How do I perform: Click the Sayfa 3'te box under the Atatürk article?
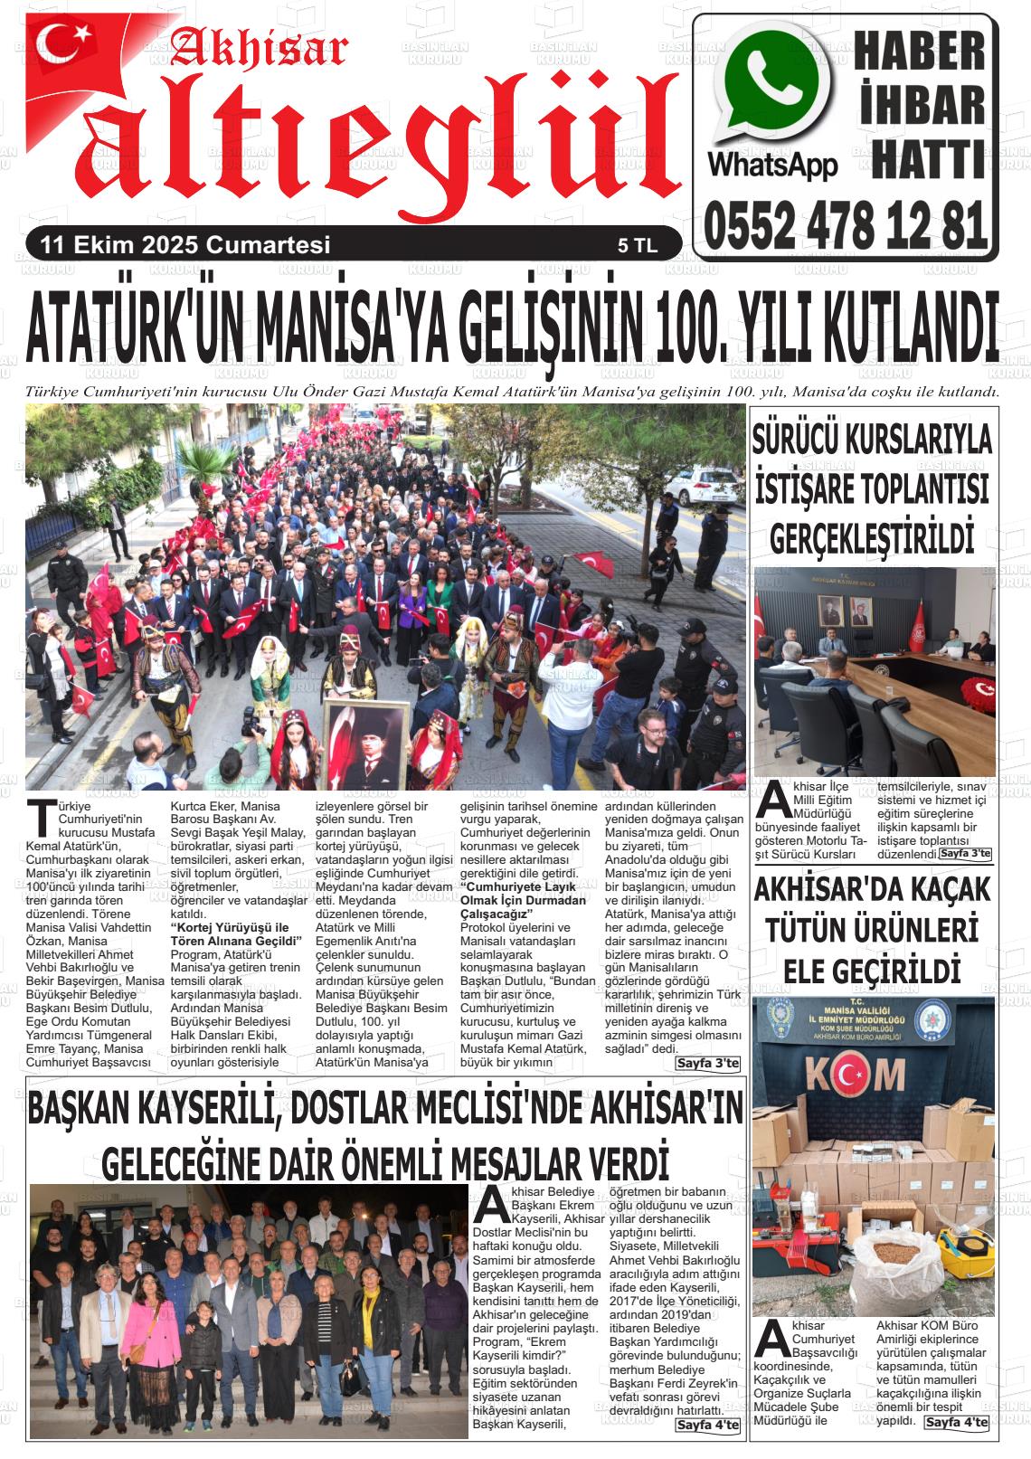point(707,1063)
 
